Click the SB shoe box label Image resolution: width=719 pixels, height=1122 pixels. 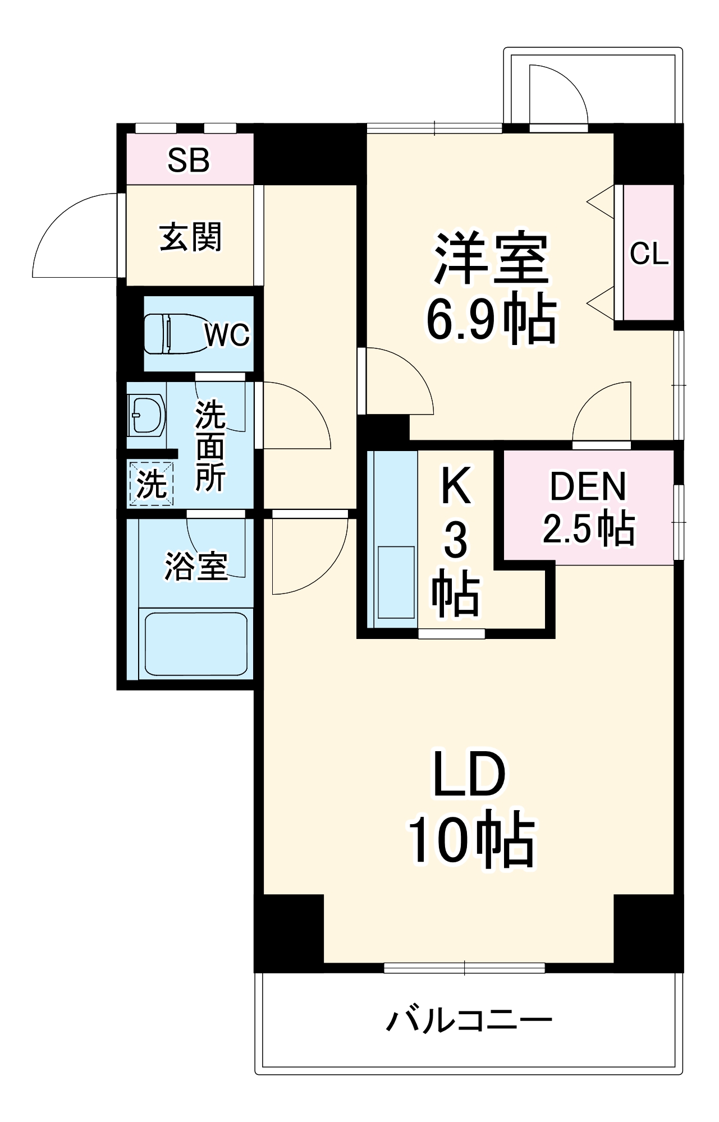(189, 160)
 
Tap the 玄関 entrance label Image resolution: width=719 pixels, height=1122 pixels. (191, 237)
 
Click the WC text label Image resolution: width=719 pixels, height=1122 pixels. (227, 335)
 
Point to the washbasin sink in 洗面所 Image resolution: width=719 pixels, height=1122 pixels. (146, 415)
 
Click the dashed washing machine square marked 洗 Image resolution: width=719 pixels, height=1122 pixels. (151, 483)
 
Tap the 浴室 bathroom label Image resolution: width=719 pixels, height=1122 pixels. (196, 566)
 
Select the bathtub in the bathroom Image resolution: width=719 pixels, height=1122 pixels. (196, 644)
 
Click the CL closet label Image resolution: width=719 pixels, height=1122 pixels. (649, 254)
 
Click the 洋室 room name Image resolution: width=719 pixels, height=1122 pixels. (491, 258)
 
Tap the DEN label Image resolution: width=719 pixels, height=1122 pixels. (588, 486)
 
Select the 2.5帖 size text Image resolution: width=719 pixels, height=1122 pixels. (588, 528)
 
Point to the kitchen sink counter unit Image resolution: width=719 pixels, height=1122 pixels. (392, 539)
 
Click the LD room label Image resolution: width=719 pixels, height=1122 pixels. (469, 775)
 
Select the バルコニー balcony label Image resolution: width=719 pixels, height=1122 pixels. (469, 1020)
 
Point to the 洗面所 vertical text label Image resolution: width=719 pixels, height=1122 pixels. (210, 447)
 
